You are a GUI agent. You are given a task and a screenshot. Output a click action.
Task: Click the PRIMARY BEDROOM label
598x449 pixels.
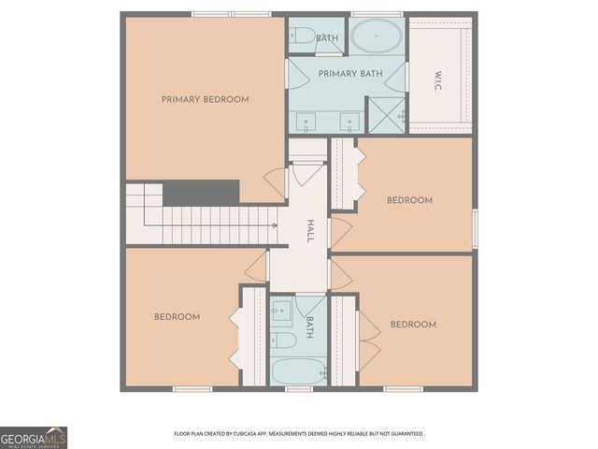(205, 99)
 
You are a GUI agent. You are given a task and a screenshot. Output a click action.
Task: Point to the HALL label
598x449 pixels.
(309, 231)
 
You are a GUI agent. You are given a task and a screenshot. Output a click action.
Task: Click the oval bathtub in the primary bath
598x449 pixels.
(377, 38)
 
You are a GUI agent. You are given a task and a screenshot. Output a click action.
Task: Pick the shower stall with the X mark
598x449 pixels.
(385, 115)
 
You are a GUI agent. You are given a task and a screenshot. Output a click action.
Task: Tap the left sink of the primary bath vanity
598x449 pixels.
(306, 121)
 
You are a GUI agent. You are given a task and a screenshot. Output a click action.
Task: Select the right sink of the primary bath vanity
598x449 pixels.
(350, 121)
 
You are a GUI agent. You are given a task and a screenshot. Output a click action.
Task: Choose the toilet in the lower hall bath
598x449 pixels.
(283, 340)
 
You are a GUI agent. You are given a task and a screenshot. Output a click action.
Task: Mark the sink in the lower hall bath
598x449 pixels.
(281, 313)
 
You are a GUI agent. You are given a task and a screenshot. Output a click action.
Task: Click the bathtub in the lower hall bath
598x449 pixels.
(298, 371)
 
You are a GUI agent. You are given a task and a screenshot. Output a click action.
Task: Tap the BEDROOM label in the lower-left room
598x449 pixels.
(177, 317)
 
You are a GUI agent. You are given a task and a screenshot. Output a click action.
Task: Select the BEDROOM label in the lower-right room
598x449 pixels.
(413, 325)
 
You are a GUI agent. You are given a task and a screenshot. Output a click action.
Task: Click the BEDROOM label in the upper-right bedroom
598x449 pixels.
(409, 200)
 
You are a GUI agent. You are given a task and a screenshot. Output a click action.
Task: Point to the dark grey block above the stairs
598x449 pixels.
(201, 192)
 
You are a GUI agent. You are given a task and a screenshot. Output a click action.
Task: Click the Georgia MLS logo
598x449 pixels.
(34, 437)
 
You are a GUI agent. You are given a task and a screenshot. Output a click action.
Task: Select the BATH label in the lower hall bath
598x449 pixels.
(310, 326)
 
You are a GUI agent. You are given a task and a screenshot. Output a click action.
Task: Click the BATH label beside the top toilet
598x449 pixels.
(327, 38)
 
